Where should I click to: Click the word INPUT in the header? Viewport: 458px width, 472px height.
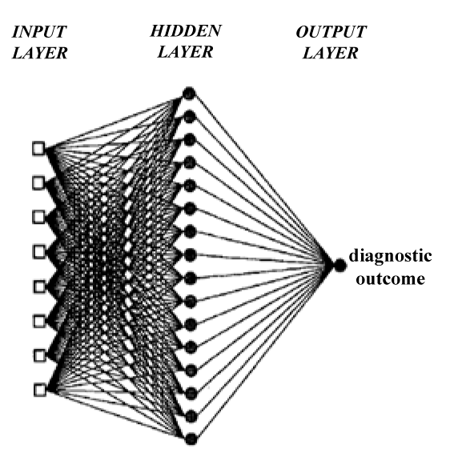click(39, 32)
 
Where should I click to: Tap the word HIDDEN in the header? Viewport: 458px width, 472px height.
click(186, 30)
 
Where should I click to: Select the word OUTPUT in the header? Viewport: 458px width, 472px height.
click(331, 32)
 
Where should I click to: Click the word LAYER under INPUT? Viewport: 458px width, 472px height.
click(39, 53)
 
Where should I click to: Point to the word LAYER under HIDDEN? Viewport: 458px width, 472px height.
click(185, 52)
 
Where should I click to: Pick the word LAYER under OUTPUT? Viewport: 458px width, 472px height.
click(331, 53)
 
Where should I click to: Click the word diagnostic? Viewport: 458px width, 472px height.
click(390, 256)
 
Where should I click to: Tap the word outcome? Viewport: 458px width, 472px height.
click(391, 278)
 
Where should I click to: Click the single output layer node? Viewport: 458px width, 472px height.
click(339, 265)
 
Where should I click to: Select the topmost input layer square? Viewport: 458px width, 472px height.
click(38, 149)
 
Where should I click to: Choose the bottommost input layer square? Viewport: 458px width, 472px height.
click(39, 390)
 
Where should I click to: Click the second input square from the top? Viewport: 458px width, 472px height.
click(38, 182)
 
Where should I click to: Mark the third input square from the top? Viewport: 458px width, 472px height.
click(38, 217)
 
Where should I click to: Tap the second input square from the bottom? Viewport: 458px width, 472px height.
click(39, 356)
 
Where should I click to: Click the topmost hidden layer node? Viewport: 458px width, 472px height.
click(189, 94)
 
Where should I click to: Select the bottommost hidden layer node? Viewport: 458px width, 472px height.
click(191, 439)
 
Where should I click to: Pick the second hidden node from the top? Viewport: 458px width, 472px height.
click(189, 117)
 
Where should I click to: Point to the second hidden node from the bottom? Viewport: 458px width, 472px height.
click(191, 417)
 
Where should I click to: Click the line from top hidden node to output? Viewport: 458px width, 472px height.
click(263, 179)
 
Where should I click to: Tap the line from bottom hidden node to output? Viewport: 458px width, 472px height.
click(264, 352)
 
